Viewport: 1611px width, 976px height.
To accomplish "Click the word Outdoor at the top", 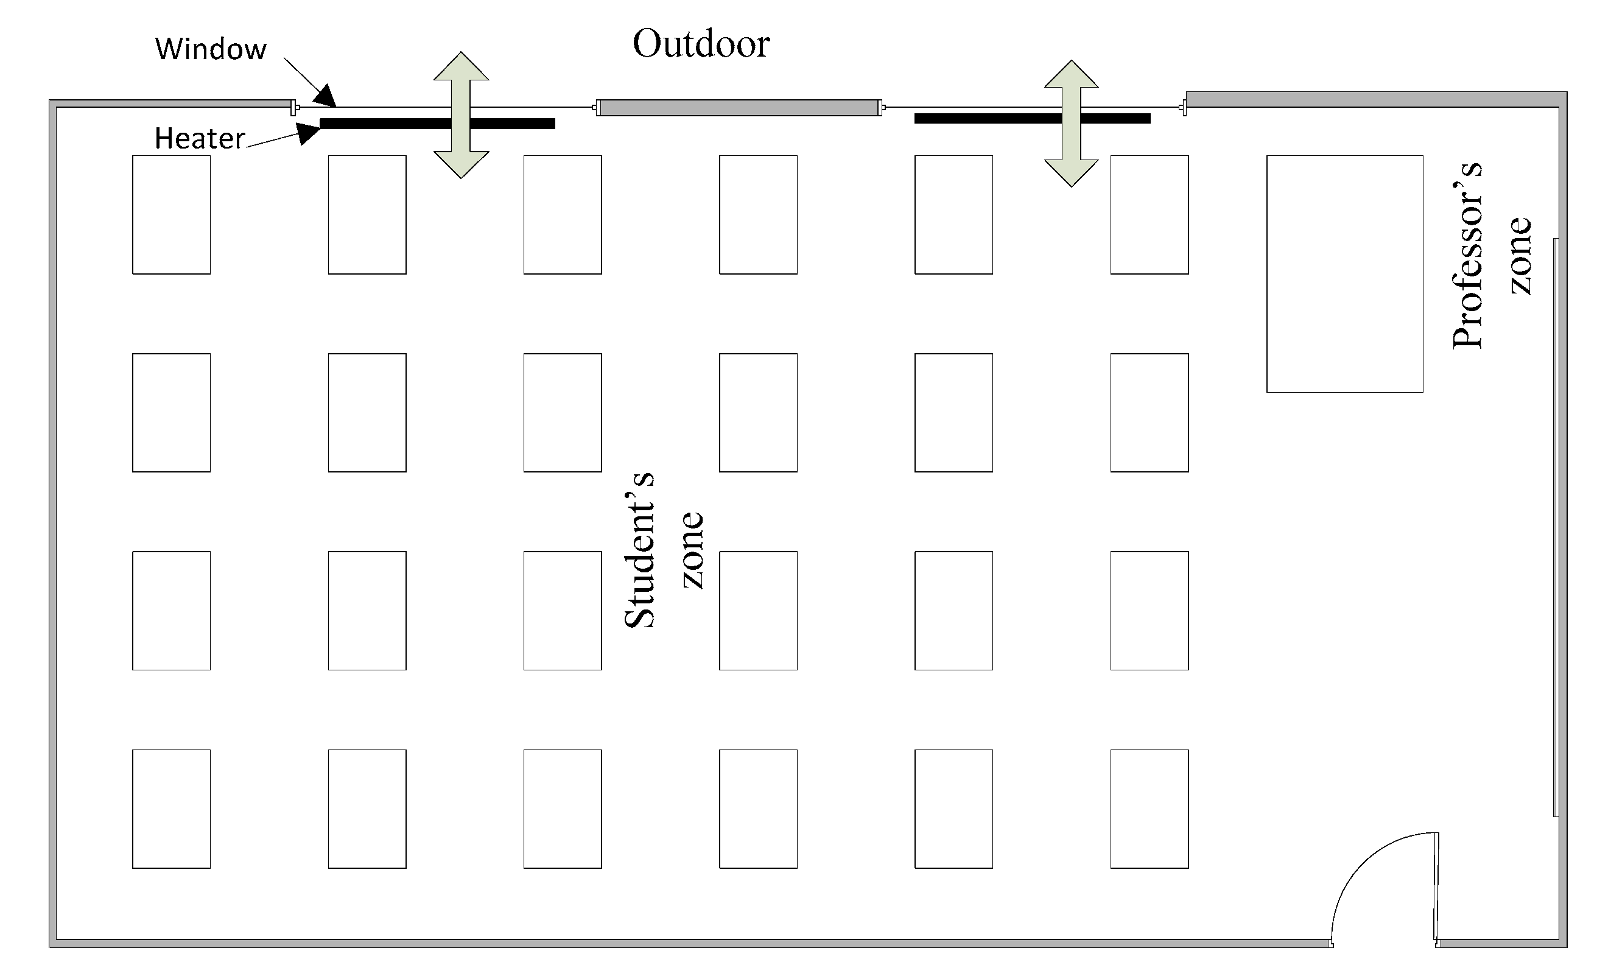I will point(701,44).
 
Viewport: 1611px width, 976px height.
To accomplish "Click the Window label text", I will point(211,49).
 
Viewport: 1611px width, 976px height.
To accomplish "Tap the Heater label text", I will point(200,139).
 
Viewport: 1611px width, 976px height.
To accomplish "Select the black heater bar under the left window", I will point(392,124).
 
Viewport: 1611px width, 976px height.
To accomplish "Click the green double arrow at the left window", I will point(461,115).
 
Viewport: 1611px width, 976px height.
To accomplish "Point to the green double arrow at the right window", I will point(1071,124).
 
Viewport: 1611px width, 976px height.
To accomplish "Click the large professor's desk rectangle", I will point(1344,274).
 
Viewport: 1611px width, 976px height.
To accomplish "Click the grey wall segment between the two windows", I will point(739,108).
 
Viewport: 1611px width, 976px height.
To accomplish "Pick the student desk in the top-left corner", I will point(171,214).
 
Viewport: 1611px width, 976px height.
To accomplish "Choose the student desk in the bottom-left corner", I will point(171,809).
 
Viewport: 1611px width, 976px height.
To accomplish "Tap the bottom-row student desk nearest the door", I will point(1149,809).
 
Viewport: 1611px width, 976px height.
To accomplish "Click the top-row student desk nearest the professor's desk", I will point(1149,214).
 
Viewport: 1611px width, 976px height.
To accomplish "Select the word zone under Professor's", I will point(1520,256).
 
